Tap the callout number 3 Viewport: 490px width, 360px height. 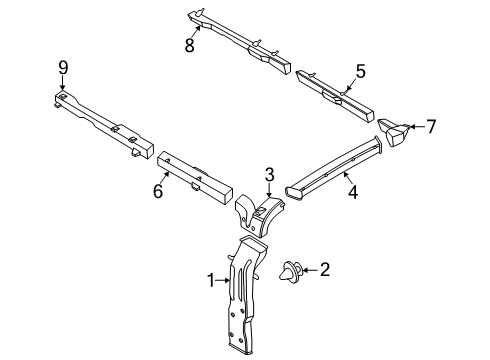pos(269,175)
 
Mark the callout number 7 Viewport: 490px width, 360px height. pos(432,127)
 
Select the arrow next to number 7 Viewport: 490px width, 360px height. pos(417,128)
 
